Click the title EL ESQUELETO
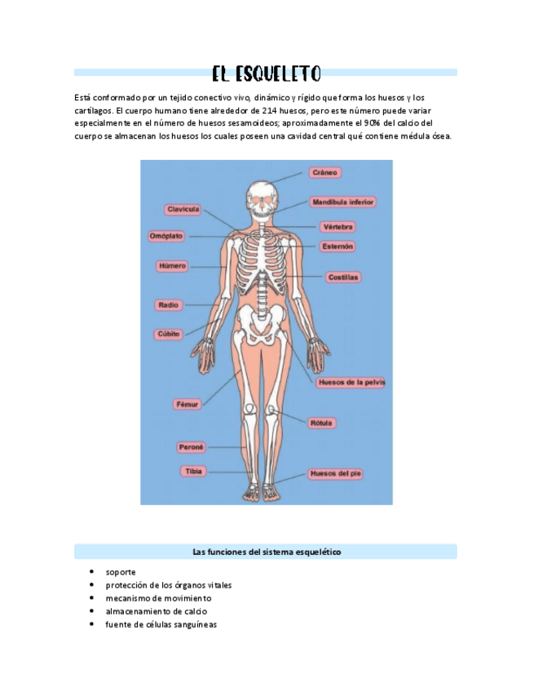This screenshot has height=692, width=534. tap(266, 74)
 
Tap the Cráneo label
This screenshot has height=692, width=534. tap(324, 173)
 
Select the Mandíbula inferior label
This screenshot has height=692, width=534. tap(343, 202)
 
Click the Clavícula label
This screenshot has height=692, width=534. tap(183, 210)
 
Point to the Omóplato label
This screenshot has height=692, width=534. tap(166, 236)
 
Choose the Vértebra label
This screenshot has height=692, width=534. tap(338, 227)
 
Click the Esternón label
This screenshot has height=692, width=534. tap(338, 246)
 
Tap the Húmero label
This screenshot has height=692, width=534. tap(172, 266)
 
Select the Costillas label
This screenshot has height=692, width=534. tap(343, 277)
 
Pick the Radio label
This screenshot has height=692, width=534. tap(169, 305)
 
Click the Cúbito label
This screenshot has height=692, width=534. tap(170, 334)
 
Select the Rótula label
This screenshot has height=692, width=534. tap(321, 424)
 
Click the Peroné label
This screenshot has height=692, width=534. tap(192, 447)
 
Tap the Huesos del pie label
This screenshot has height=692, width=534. tap(338, 473)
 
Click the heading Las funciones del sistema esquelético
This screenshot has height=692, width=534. tap(266, 552)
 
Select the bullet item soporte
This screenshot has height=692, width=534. tap(120, 572)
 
